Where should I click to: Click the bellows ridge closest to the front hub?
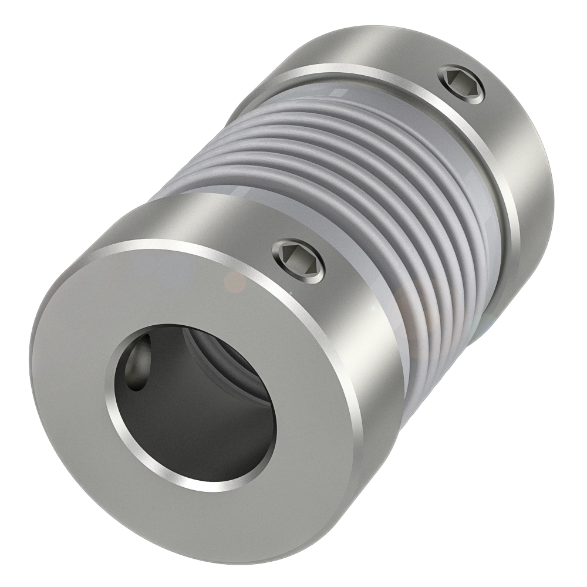coord(411,329)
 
